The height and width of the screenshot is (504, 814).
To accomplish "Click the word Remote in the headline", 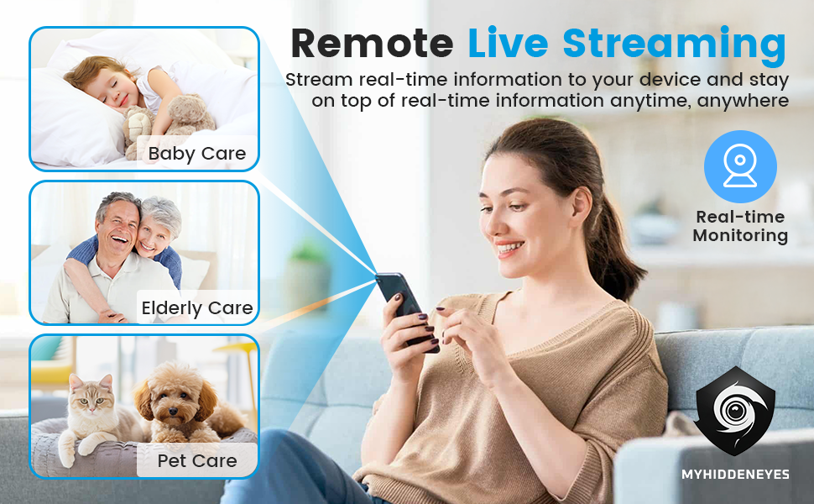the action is pos(373,44).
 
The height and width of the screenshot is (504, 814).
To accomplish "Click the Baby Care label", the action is pos(196,153).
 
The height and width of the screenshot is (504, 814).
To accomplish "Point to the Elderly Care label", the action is pos(196,308).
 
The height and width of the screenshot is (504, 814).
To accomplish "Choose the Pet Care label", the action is pos(196,460).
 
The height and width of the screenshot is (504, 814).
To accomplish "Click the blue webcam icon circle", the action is pos(740,166).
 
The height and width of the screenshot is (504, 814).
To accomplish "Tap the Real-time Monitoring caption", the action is pos(740,226).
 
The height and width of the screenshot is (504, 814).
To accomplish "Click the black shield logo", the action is pos(734,411).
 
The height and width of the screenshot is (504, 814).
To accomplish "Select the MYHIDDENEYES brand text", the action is pos(735,474).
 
